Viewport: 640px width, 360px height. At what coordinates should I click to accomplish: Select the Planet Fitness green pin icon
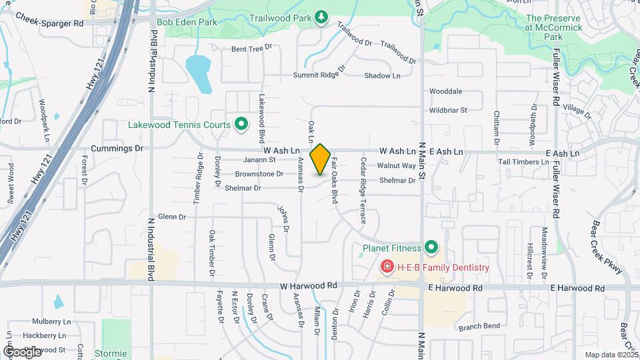[431, 249]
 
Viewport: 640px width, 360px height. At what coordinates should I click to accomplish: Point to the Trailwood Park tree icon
[321, 15]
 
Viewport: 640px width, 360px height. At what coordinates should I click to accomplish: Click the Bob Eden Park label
[187, 22]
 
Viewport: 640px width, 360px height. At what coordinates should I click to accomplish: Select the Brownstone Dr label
[259, 173]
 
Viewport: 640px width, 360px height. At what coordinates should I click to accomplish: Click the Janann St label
[259, 160]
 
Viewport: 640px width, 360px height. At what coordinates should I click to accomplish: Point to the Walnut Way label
[396, 165]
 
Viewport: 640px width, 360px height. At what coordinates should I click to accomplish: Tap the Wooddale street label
[446, 91]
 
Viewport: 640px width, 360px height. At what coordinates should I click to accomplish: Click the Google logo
[23, 351]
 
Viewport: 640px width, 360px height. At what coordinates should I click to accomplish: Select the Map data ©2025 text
[611, 355]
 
